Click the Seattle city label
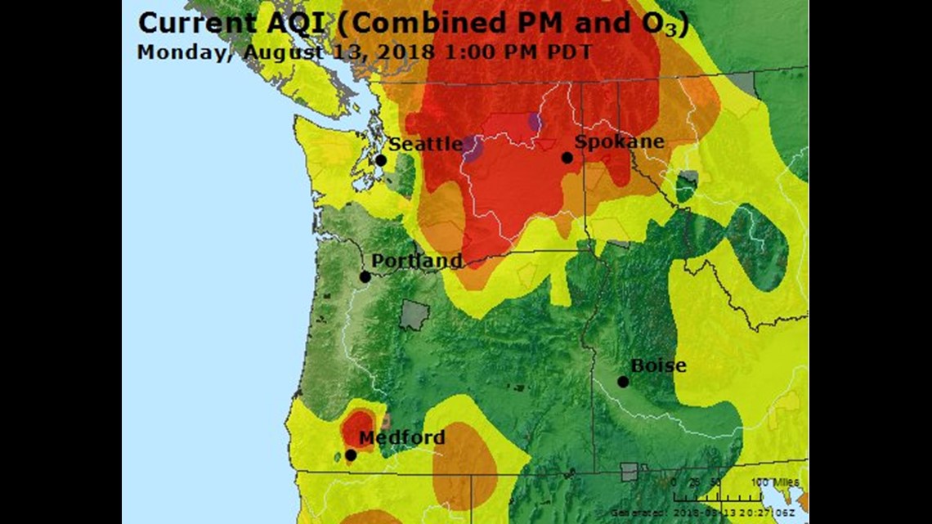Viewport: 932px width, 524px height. pos(424,145)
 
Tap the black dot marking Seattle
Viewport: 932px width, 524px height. pos(380,160)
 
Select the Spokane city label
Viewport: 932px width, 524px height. pos(619,142)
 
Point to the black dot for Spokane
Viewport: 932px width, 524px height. pos(567,157)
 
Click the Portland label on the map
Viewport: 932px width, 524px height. pos(417,262)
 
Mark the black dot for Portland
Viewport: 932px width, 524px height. pos(365,276)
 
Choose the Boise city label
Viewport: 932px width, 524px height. pos(658,365)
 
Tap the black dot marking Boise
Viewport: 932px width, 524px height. pos(623,381)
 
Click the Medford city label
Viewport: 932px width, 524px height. pos(401,438)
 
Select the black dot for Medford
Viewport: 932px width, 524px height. pos(351,455)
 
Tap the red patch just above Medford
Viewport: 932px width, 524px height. pos(357,424)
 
